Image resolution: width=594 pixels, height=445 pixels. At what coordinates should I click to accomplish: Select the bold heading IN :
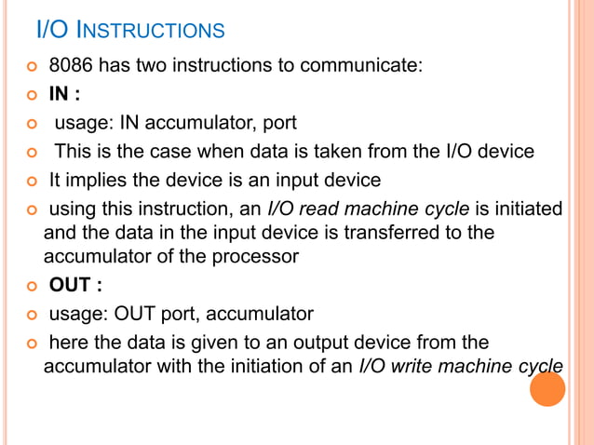coord(63,94)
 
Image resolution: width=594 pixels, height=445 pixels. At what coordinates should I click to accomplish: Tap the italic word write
coord(419,364)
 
